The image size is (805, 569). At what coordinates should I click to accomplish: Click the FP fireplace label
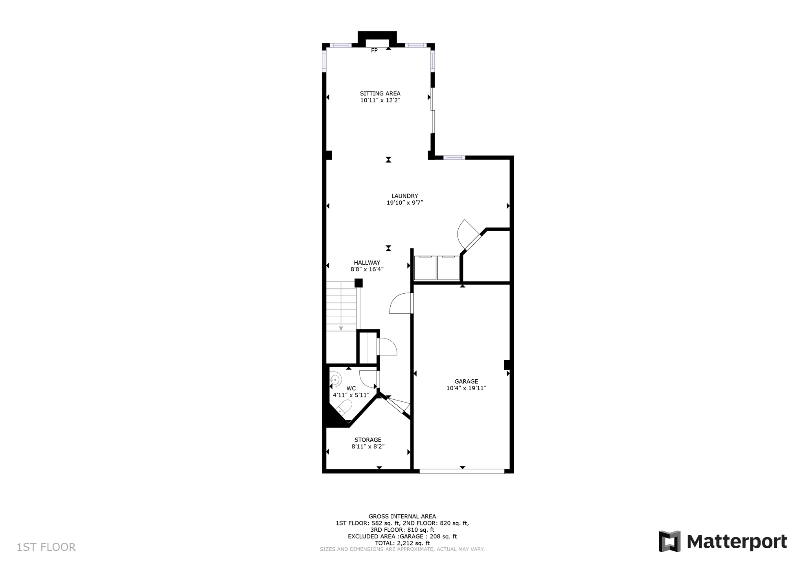[x=374, y=51]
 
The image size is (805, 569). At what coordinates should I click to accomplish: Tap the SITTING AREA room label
[x=380, y=93]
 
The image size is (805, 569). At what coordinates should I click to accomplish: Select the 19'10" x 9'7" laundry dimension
[x=404, y=203]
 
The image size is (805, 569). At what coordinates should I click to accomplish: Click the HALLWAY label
[x=367, y=263]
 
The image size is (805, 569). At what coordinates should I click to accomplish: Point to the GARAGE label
[x=466, y=381]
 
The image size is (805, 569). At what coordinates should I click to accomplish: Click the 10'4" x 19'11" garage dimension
[x=466, y=388]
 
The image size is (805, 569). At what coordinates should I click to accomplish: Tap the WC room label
[x=351, y=388]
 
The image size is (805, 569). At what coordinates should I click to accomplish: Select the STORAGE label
[x=368, y=440]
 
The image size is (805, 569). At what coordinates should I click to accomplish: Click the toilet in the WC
[x=345, y=407]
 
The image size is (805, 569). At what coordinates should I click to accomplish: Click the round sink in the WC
[x=335, y=380]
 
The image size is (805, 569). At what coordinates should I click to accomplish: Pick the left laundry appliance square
[x=425, y=268]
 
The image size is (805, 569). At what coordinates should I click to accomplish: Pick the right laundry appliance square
[x=448, y=268]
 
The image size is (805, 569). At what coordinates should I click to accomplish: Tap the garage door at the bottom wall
[x=462, y=471]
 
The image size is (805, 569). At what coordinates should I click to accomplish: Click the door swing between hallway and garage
[x=400, y=304]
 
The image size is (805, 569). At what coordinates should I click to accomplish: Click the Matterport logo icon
[x=669, y=542]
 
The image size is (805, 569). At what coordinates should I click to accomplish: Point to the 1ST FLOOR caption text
[x=46, y=547]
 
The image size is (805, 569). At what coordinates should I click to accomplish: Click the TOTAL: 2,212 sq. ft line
[x=402, y=543]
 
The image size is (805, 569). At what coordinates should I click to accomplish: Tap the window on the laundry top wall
[x=454, y=157]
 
